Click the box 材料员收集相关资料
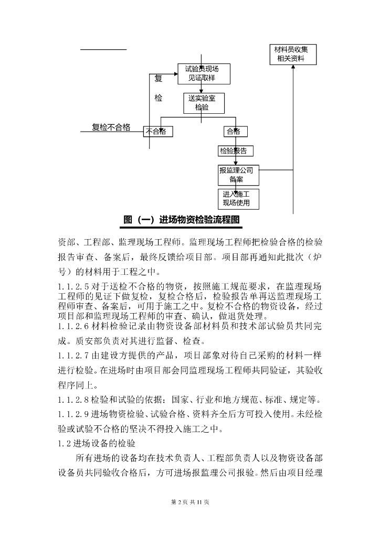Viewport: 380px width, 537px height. pyautogui.click(x=293, y=55)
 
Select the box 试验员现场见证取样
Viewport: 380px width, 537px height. pyautogui.click(x=202, y=74)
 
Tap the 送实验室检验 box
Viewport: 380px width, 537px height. pyautogui.click(x=204, y=103)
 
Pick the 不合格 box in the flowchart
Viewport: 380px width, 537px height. pyautogui.click(x=158, y=131)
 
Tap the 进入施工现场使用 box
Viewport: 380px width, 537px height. pyautogui.click(x=239, y=199)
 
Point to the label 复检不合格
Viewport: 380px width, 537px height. pyautogui.click(x=111, y=127)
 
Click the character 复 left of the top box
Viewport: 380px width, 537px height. pyautogui.click(x=159, y=79)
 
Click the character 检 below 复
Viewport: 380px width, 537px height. pyautogui.click(x=159, y=98)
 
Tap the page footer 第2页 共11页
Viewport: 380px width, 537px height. pyautogui.click(x=190, y=502)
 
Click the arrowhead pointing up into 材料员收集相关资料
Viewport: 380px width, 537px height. pyautogui.click(x=293, y=68)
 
